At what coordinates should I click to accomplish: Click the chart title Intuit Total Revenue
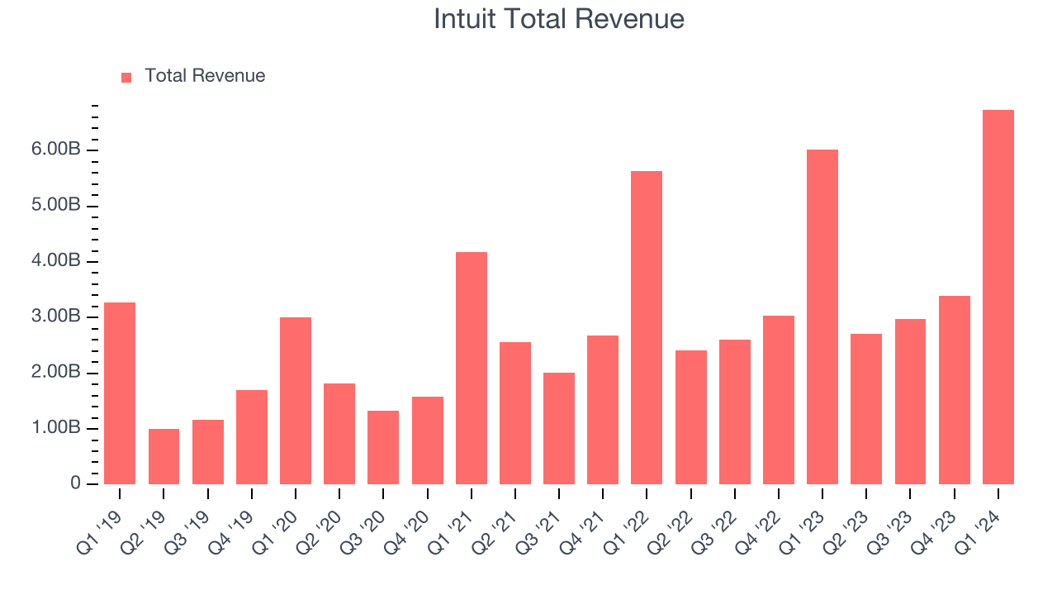coord(559,19)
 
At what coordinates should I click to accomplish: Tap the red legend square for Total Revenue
coord(126,77)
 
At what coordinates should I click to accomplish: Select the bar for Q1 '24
coord(998,297)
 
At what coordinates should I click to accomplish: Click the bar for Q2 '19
coord(164,456)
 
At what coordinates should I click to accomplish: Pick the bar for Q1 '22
coord(647,327)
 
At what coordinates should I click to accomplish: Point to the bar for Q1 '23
coord(822,317)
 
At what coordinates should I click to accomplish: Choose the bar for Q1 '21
coord(471,368)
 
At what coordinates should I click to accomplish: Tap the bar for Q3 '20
coord(383,447)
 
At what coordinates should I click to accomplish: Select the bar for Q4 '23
coord(954,390)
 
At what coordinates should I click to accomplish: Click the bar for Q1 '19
coord(120,393)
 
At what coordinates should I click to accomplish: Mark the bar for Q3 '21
coord(559,428)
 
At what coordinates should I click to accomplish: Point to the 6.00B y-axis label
coord(57,150)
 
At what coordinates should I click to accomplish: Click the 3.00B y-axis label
coord(57,317)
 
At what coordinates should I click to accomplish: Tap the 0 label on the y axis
coord(76,484)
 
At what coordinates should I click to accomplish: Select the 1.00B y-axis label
coord(57,428)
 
